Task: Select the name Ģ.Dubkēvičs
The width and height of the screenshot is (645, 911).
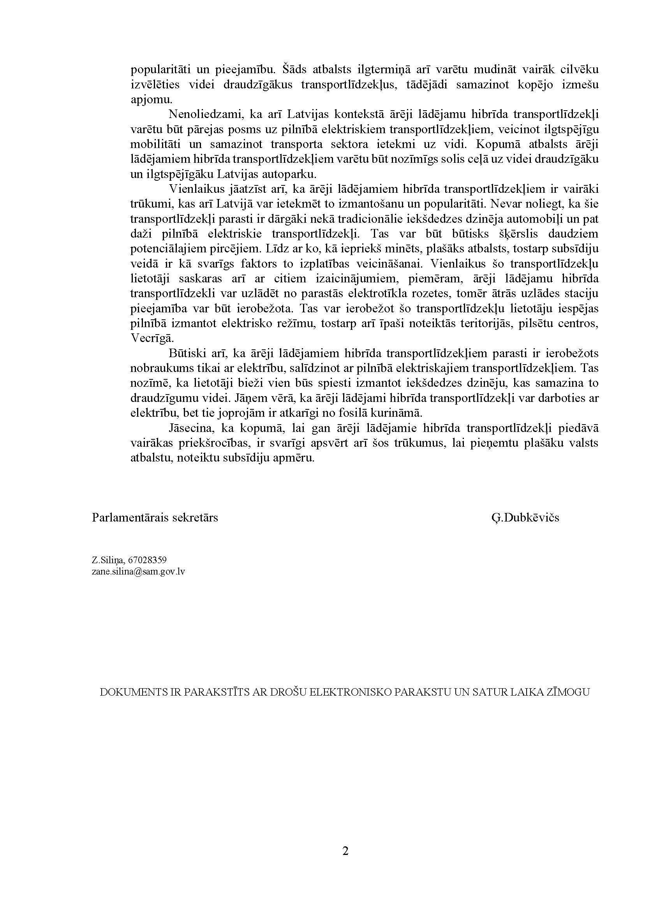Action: [525, 518]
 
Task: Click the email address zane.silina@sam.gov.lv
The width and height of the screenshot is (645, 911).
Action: [138, 571]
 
